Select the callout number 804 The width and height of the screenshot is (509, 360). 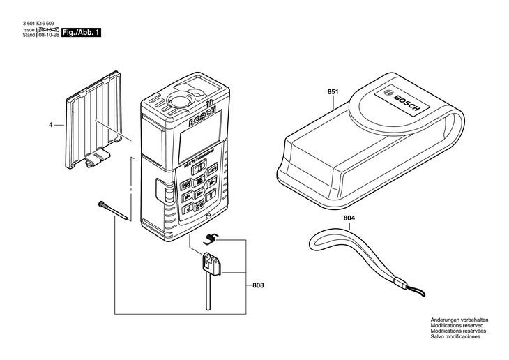(349, 218)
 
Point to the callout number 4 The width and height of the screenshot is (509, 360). (50, 126)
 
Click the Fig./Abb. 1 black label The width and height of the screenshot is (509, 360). (82, 33)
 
